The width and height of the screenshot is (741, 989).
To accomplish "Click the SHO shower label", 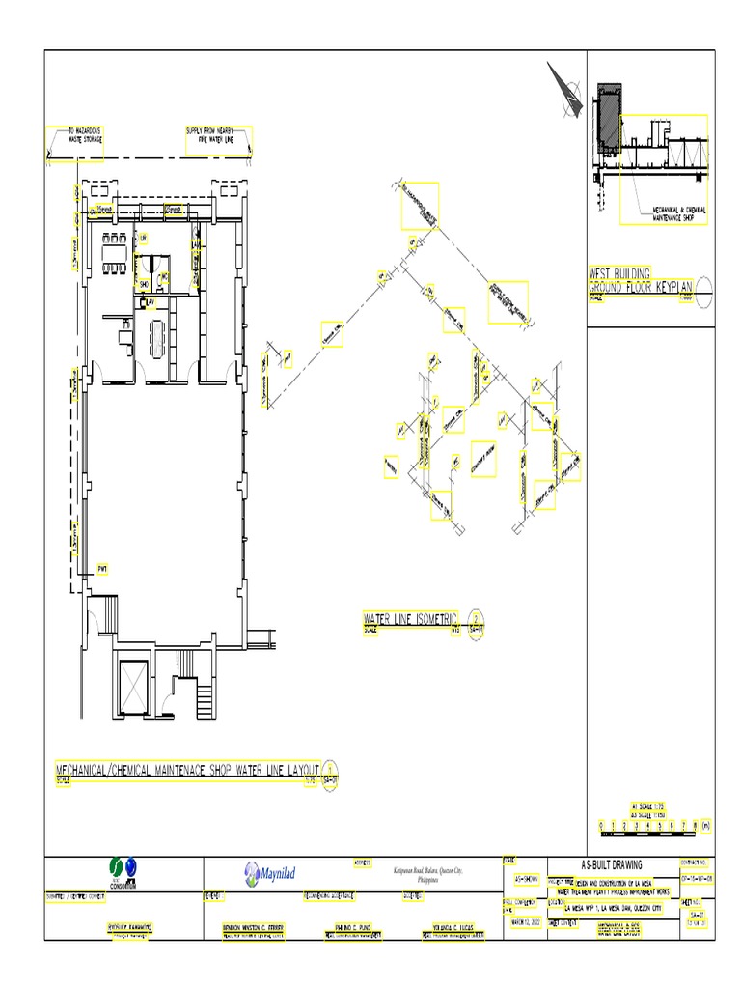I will (144, 284).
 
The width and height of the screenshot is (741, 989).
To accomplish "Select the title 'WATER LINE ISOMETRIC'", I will (411, 618).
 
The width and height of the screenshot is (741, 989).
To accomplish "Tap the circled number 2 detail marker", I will (475, 620).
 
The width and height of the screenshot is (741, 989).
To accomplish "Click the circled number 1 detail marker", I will (330, 770).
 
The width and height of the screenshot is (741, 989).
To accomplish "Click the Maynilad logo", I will (268, 873).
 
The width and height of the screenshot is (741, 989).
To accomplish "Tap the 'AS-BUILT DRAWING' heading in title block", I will (612, 864).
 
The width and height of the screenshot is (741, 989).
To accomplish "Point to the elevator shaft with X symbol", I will (131, 685).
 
